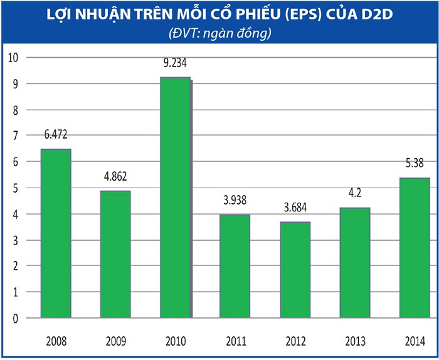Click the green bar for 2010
[175, 198]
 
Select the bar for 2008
[55, 233]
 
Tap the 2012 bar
[295, 270]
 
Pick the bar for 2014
[414, 248]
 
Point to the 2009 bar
[115, 254]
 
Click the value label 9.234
[175, 63]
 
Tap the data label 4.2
[354, 194]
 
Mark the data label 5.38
[414, 164]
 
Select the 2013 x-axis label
[354, 342]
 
